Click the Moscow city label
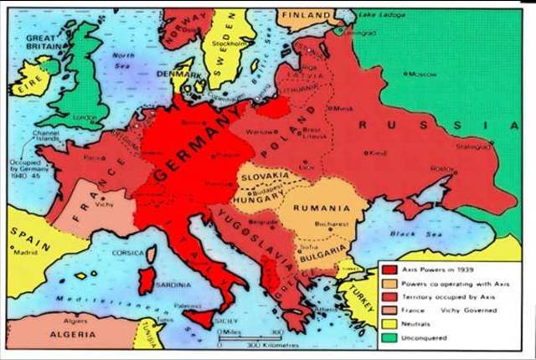(422, 75)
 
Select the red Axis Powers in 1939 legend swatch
(388, 270)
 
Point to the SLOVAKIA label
(263, 177)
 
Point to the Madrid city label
(26, 252)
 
